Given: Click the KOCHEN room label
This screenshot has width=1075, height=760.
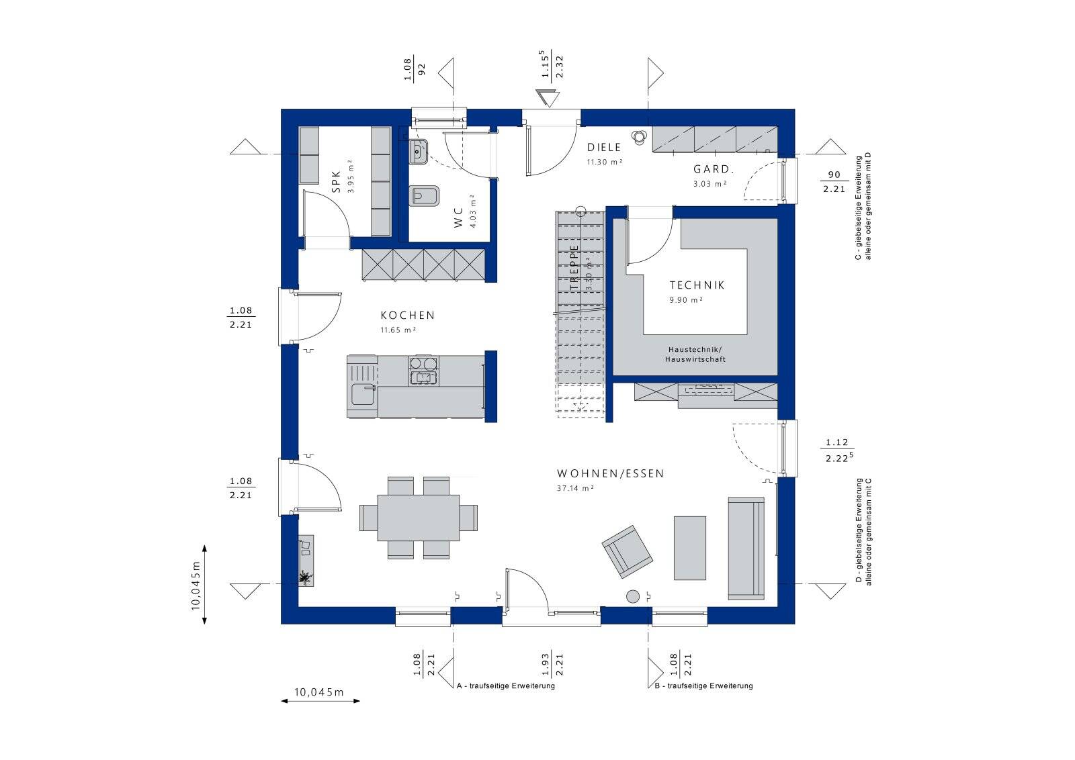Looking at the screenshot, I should [x=407, y=315].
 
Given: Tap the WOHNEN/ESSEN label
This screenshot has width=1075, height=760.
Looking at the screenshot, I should [x=610, y=473].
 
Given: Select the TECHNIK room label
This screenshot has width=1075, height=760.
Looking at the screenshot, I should [x=697, y=285].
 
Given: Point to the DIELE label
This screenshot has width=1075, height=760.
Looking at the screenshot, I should [x=604, y=148].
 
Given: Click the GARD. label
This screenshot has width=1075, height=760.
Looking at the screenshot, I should [x=713, y=170].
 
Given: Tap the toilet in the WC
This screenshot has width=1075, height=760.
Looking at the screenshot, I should [x=425, y=195].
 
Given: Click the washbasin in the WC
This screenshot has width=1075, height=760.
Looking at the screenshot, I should [x=418, y=152].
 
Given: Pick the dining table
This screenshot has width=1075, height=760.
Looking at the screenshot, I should [x=418, y=517].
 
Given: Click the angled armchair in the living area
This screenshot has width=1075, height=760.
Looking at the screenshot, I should [x=627, y=551].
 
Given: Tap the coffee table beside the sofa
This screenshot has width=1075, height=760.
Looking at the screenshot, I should [x=690, y=547].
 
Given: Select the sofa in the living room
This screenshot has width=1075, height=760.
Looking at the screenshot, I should [x=746, y=548].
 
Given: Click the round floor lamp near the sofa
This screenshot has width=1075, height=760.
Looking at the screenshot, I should [x=633, y=596].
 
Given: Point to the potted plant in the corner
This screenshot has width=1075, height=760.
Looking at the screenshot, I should [x=305, y=577].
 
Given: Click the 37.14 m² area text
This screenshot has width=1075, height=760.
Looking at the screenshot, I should [x=574, y=489].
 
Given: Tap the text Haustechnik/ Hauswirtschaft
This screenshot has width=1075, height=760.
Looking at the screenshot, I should [x=695, y=354].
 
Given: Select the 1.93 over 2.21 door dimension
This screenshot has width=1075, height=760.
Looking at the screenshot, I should [x=552, y=664].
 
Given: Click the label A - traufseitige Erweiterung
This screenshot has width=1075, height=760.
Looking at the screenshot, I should [x=505, y=686].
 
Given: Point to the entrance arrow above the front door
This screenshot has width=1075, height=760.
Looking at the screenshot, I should [x=548, y=97].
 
